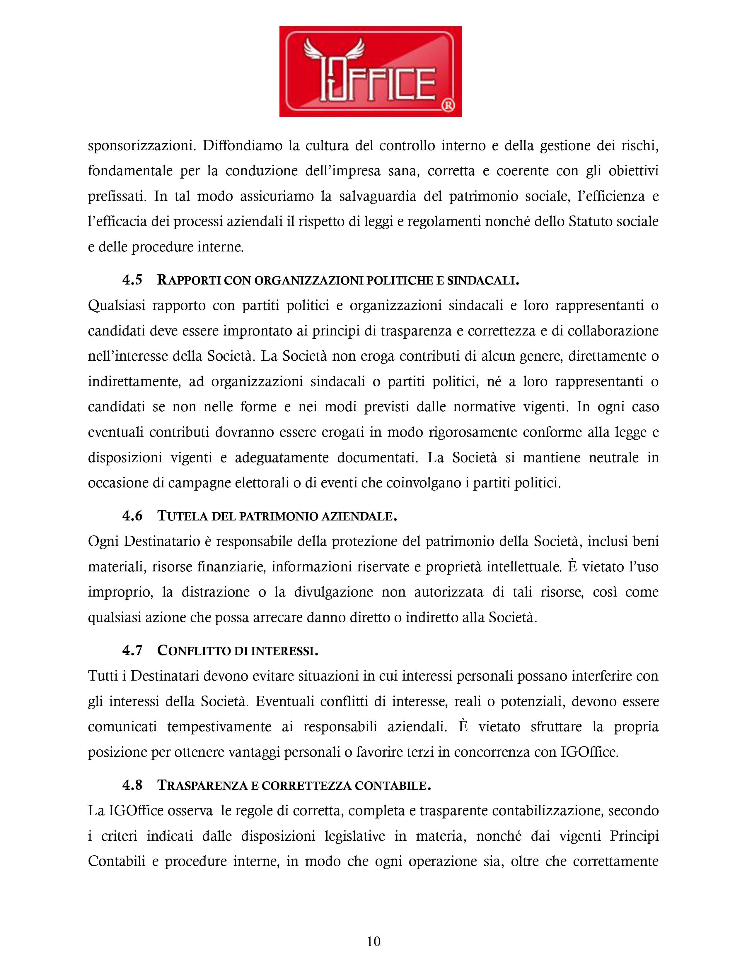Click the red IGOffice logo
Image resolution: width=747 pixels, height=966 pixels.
coord(370,71)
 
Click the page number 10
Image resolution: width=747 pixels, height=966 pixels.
coord(374,941)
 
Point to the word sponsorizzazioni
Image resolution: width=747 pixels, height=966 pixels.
coord(141,145)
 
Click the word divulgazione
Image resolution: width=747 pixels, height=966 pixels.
coord(333,592)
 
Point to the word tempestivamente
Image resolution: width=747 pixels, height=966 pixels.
coord(219,727)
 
